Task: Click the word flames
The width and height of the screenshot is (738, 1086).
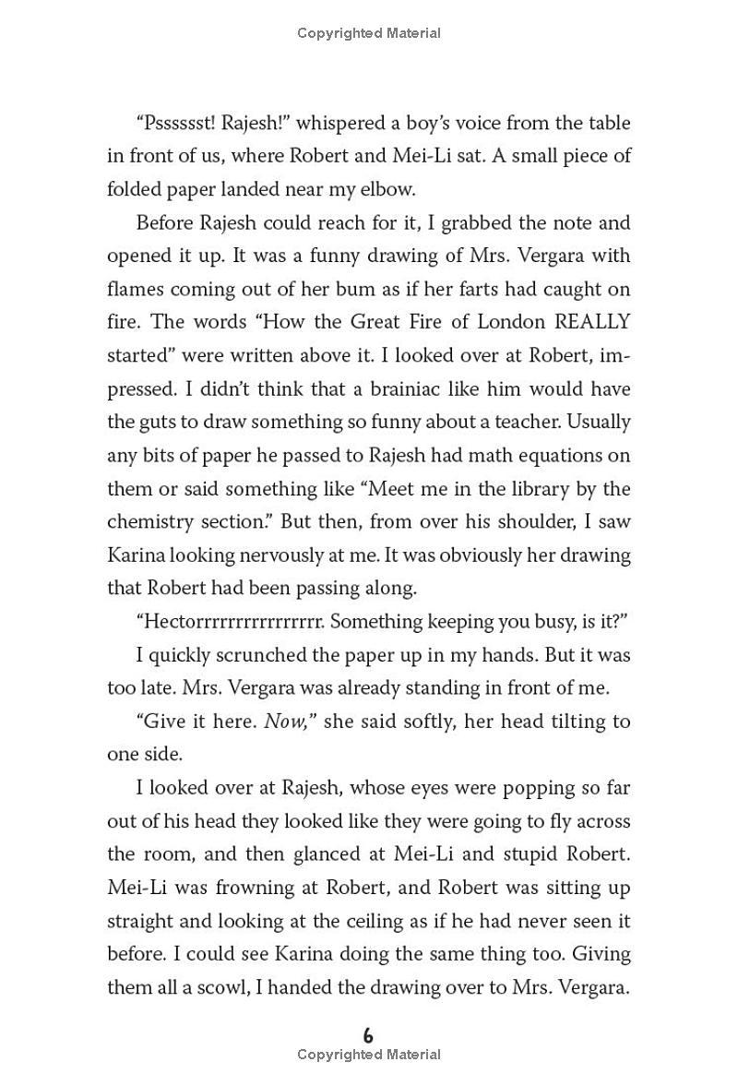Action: [x=135, y=289]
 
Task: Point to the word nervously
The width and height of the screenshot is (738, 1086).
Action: [x=291, y=555]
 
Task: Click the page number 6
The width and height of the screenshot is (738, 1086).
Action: [x=368, y=1035]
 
